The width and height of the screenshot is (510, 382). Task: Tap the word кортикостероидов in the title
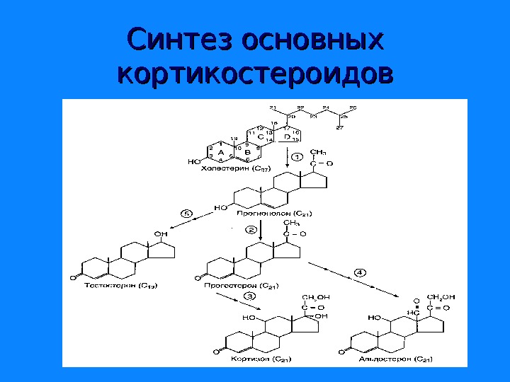coord(255,73)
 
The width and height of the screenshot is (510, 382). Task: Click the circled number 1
coord(297,156)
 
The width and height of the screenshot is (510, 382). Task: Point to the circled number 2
coord(251,230)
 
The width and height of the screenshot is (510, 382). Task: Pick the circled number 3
coord(249,295)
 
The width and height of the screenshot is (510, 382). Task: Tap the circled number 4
coord(360,272)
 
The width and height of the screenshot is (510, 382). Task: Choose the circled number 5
coord(187,213)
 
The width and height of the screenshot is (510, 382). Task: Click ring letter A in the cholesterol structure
coord(220,152)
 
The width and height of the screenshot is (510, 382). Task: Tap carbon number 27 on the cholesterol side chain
coord(340,127)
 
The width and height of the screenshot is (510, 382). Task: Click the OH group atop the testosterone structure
coord(161,234)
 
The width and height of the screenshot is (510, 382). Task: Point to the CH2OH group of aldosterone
coord(441,297)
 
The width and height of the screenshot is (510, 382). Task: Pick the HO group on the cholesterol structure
coord(194,162)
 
